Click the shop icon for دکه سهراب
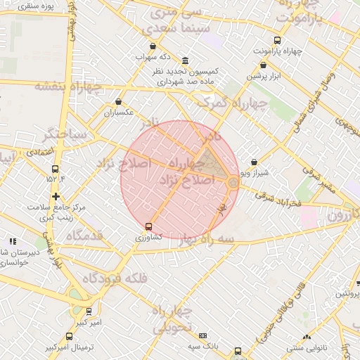(153, 46)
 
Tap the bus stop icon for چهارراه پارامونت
(277, 41)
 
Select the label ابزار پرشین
(264, 75)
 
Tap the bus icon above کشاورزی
(148, 226)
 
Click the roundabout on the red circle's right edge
(233, 183)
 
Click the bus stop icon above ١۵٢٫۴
(56, 169)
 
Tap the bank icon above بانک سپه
(203, 336)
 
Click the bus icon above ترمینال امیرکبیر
(69, 337)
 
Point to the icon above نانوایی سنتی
(306, 337)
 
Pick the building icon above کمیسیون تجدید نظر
(185, 60)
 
